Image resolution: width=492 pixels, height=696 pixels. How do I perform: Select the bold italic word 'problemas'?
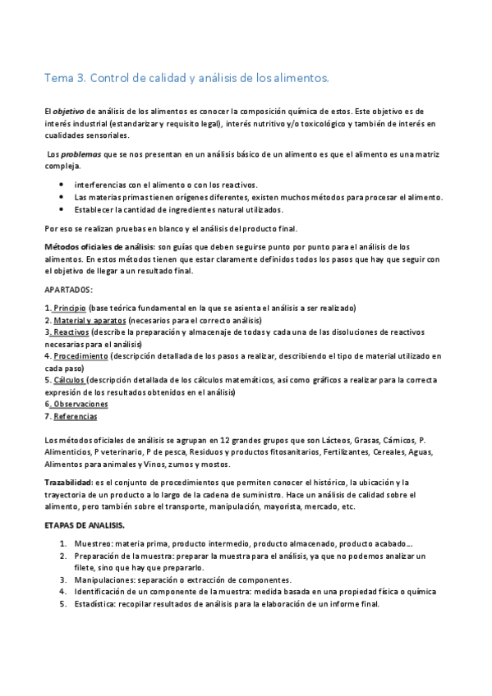(77, 154)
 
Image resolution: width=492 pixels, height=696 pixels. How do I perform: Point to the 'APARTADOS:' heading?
(68, 290)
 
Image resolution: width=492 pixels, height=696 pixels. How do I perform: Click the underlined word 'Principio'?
(70, 308)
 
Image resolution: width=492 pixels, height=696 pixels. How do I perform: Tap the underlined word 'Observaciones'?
(80, 404)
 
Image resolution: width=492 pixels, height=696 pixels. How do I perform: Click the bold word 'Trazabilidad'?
(67, 483)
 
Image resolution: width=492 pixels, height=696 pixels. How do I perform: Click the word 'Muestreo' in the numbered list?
(94, 543)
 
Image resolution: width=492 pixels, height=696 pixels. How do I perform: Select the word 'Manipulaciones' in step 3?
(104, 579)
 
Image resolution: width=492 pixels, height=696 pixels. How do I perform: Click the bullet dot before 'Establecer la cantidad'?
(63, 209)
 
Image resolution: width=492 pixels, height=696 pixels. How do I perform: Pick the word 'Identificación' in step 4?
(101, 591)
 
